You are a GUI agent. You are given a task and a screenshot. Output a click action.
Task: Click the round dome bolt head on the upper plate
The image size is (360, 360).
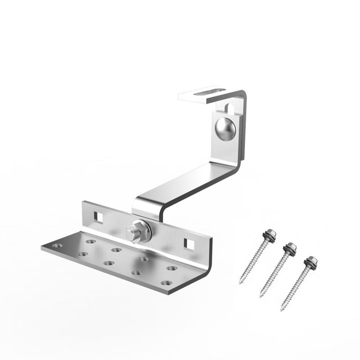tap(225, 129)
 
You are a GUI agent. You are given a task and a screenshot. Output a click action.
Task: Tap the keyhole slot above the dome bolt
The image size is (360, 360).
tap(229, 108)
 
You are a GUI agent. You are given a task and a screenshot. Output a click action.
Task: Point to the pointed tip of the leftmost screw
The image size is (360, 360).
tap(240, 283)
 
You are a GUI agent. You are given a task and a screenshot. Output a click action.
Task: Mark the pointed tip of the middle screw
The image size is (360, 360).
tap(261, 297)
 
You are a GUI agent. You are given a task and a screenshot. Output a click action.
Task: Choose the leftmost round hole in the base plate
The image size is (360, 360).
tap(57, 246)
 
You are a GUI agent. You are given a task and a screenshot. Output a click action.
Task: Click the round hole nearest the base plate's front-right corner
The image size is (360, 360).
tap(166, 283)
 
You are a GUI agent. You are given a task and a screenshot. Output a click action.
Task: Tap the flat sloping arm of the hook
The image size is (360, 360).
tap(189, 184)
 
